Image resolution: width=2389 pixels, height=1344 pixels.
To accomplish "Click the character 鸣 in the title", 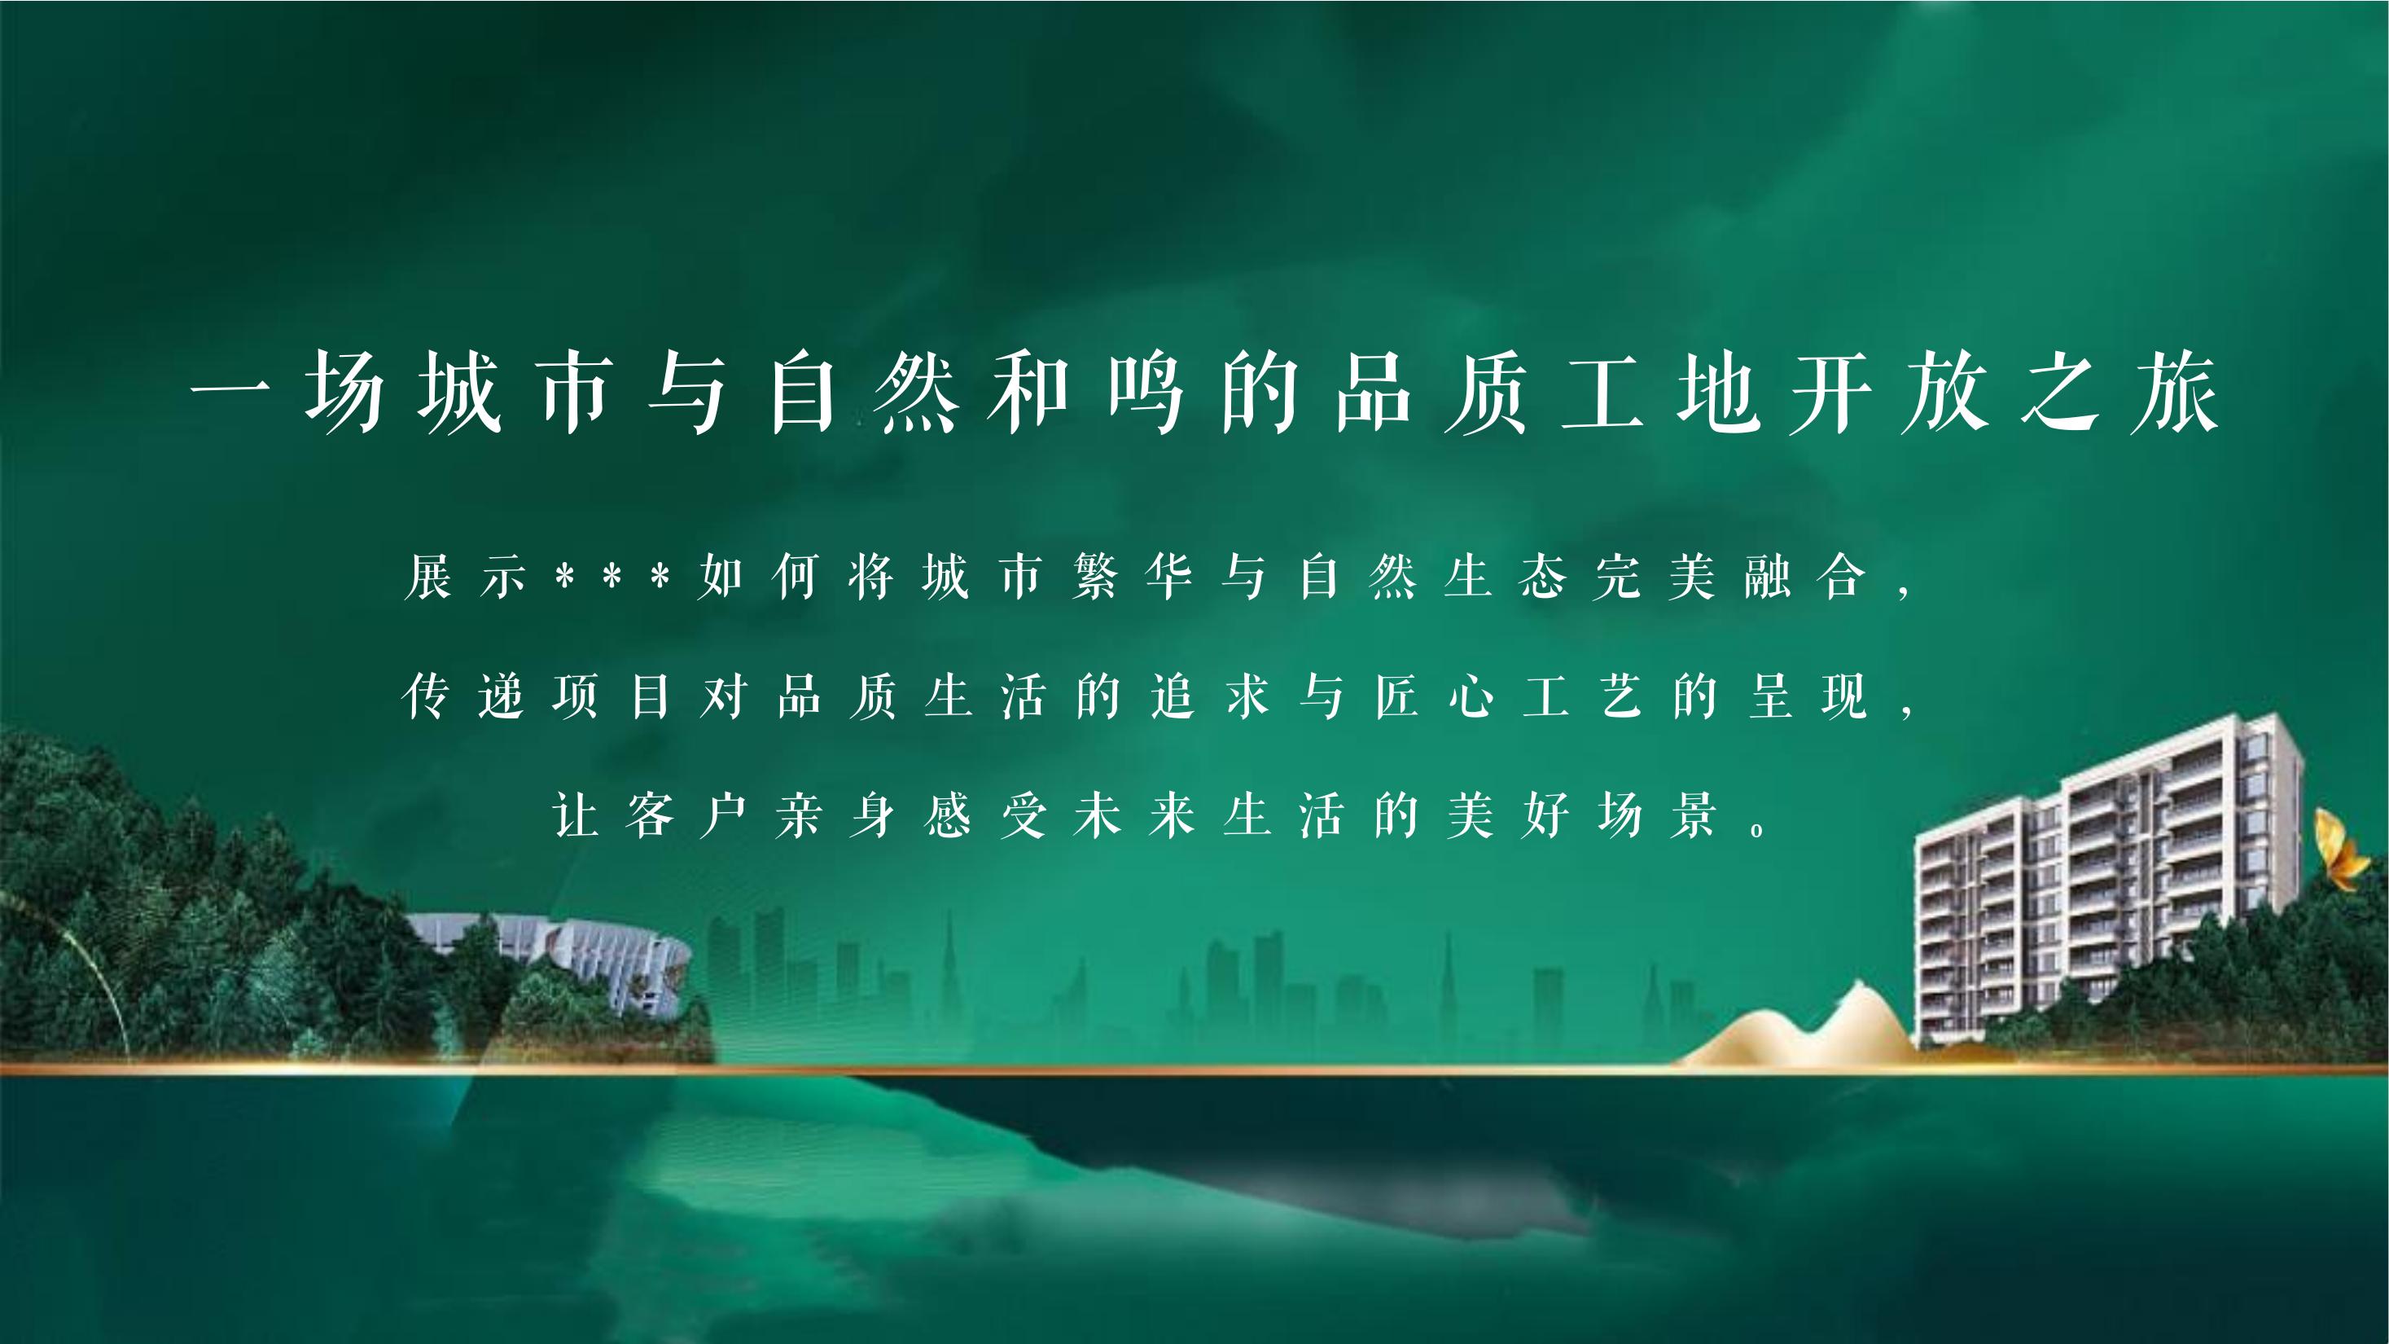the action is click(x=1146, y=393).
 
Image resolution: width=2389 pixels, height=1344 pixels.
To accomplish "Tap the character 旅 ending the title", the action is click(x=2175, y=393).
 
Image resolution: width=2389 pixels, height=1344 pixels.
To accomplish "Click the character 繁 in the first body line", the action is click(x=1095, y=576).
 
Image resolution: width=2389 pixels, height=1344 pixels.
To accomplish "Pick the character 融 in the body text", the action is click(x=1768, y=576).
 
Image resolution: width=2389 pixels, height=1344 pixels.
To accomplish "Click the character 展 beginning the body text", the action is click(x=427, y=576).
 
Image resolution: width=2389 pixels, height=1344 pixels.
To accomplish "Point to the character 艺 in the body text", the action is click(x=1620, y=696).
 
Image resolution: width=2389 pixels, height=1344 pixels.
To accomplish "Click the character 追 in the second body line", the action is click(x=1173, y=696).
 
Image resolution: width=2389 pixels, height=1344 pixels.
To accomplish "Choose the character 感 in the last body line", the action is click(x=948, y=815).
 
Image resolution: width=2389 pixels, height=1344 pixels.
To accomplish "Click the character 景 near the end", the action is click(x=1694, y=815).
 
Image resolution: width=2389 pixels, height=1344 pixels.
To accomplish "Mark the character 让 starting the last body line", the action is click(x=575, y=815).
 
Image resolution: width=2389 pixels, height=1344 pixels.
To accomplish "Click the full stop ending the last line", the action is click(x=1756, y=830).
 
